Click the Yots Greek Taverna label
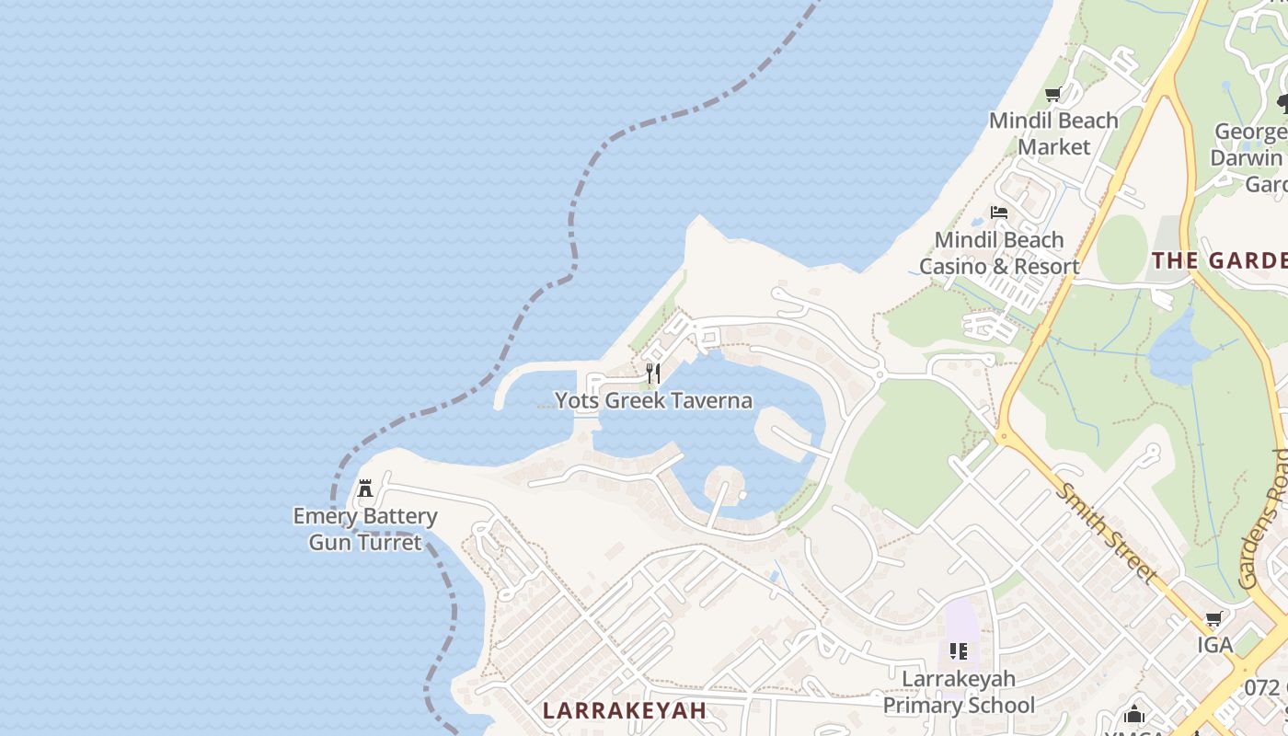tap(653, 400)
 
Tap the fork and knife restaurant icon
tap(653, 373)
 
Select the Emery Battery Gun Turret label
tap(365, 529)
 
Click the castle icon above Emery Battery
tap(365, 488)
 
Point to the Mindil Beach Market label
tap(1053, 133)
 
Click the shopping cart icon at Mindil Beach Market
tap(1053, 94)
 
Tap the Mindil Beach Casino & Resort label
tap(999, 253)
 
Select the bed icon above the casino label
tap(999, 213)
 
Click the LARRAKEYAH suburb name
tap(625, 710)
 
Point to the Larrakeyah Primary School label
tap(959, 692)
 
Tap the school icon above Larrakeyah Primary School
tap(959, 651)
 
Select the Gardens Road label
tap(1262, 520)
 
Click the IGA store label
tap(1214, 645)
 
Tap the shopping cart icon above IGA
tap(1214, 619)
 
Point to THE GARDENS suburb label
tap(1220, 260)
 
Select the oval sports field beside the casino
tap(1121, 248)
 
